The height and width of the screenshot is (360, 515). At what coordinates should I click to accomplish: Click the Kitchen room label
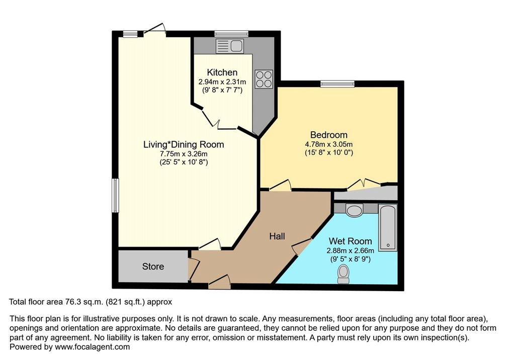click(x=222, y=72)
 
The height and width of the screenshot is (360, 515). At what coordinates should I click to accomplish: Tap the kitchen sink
click(x=229, y=46)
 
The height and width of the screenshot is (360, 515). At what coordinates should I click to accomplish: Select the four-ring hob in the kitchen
click(x=264, y=79)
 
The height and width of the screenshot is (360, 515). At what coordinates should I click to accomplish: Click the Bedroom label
click(x=329, y=135)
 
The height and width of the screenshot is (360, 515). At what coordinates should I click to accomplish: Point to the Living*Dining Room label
click(x=184, y=144)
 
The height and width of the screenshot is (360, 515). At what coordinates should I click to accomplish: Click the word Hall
click(x=277, y=236)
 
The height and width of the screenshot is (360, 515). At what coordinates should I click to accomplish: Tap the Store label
click(x=153, y=266)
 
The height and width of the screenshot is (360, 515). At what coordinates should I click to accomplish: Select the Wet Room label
click(x=351, y=241)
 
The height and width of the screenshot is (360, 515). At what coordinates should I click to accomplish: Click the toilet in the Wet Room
click(x=344, y=275)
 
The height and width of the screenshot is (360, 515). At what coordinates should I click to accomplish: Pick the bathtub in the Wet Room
click(x=388, y=227)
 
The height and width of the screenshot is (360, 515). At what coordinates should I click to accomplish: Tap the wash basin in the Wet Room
click(x=354, y=210)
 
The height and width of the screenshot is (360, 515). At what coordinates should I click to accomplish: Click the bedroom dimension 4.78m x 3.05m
click(x=329, y=144)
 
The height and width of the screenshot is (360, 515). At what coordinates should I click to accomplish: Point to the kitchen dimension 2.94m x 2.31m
click(x=222, y=81)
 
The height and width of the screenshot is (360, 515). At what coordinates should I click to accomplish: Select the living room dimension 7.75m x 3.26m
click(x=184, y=154)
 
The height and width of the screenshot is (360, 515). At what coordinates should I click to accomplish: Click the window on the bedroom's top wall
click(x=337, y=84)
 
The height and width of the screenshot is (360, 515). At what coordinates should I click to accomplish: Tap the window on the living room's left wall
click(x=115, y=196)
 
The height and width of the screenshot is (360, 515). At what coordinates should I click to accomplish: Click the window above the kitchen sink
click(x=231, y=34)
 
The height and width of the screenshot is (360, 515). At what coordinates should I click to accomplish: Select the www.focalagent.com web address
click(x=93, y=347)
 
